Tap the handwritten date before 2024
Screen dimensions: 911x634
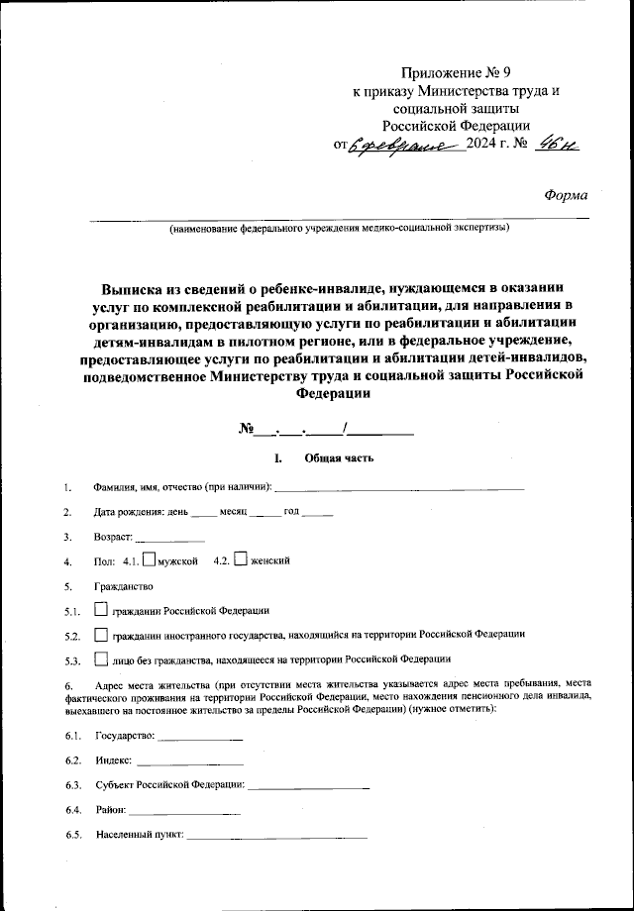pos(406,146)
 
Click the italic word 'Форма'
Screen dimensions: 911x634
pos(566,195)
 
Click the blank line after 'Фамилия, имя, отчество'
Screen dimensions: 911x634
pos(399,486)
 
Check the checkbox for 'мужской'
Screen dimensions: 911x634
pos(149,559)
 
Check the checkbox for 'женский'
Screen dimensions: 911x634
pos(240,559)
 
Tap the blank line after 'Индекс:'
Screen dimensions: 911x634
pos(188,762)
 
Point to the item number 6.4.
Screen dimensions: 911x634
pos(72,811)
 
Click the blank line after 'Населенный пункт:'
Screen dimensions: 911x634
pos(276,836)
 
